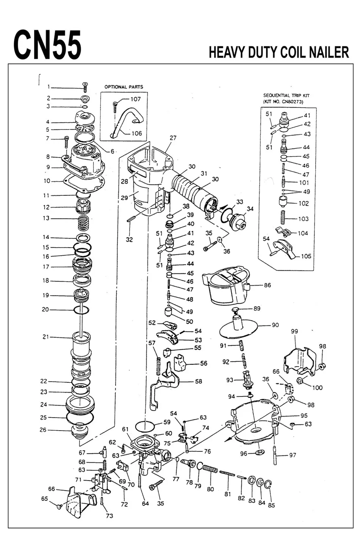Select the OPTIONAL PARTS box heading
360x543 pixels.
tap(124, 87)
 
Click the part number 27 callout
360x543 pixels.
tap(173, 138)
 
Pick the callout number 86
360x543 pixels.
tap(267, 285)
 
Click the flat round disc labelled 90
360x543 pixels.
tap(239, 329)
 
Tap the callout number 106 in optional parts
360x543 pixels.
tap(137, 133)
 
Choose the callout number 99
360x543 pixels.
tap(294, 331)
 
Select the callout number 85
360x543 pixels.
tap(271, 505)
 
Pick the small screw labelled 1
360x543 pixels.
tap(85, 86)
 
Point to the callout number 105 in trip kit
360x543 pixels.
tap(306, 256)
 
